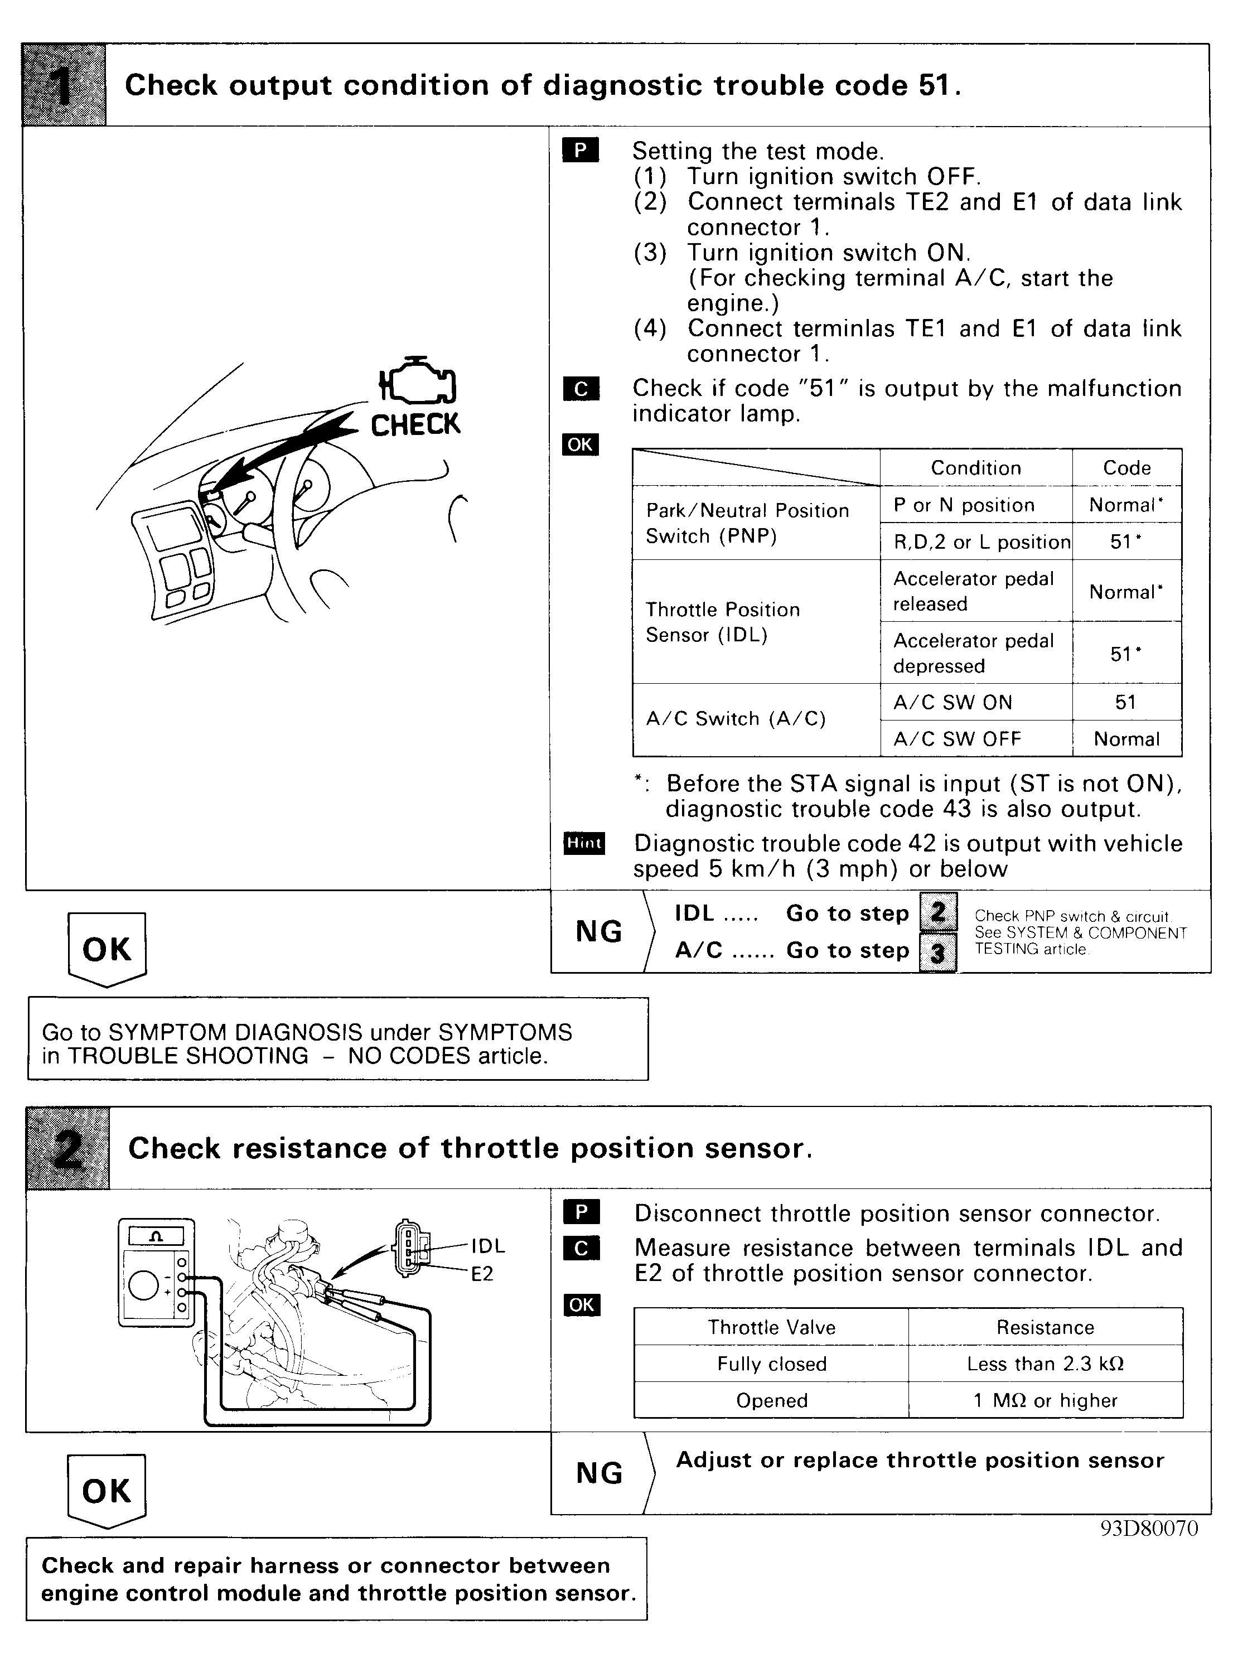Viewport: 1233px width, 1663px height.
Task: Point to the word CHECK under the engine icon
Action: tap(415, 425)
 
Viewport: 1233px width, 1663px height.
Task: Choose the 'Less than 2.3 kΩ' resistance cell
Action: tap(1045, 1364)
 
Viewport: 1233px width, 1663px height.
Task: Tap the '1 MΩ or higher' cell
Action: tap(1045, 1400)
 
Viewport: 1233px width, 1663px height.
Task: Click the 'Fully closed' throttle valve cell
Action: tap(772, 1364)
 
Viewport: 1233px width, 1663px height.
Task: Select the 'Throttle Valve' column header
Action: tap(772, 1327)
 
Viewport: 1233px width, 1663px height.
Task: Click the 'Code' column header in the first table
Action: tap(1126, 468)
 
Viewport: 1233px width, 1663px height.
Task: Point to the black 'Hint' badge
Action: tap(584, 843)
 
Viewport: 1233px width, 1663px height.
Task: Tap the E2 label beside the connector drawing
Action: tap(482, 1273)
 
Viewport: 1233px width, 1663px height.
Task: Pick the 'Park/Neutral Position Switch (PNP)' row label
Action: tap(747, 523)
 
